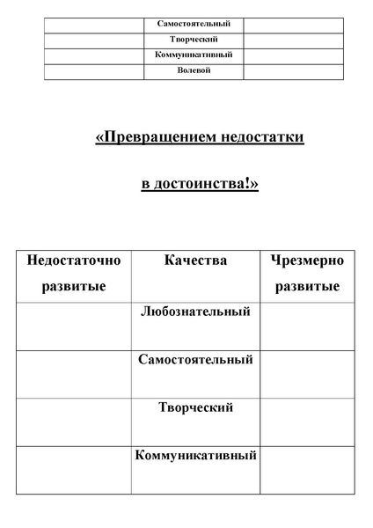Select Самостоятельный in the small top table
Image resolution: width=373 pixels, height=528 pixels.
coord(194,25)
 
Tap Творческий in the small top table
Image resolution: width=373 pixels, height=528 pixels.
coord(194,40)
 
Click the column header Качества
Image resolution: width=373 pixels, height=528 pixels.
coord(194,261)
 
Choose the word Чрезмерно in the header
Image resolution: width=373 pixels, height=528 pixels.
coord(308,261)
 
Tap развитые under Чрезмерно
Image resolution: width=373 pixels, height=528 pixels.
coord(308,287)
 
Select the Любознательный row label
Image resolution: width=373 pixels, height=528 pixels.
coord(194,312)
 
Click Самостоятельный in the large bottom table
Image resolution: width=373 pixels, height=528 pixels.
coord(194,360)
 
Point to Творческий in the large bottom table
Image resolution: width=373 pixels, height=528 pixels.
coord(194,408)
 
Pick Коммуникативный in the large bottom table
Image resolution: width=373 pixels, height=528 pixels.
coord(194,456)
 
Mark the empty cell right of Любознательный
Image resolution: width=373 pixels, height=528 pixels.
coord(308,326)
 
